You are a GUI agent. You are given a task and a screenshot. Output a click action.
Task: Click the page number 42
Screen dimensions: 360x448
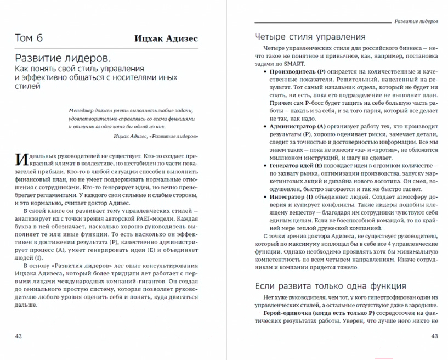coord(19,336)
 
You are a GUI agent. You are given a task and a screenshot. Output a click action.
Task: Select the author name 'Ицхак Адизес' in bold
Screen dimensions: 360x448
coord(167,38)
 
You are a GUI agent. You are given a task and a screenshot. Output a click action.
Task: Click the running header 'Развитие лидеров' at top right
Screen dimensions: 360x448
coord(416,21)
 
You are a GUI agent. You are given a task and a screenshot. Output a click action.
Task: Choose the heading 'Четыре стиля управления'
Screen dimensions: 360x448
coord(310,37)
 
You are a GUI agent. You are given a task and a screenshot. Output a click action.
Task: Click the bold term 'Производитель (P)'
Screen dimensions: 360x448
coord(298,71)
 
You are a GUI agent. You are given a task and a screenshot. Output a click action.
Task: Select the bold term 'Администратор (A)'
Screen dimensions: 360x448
coord(299,126)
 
